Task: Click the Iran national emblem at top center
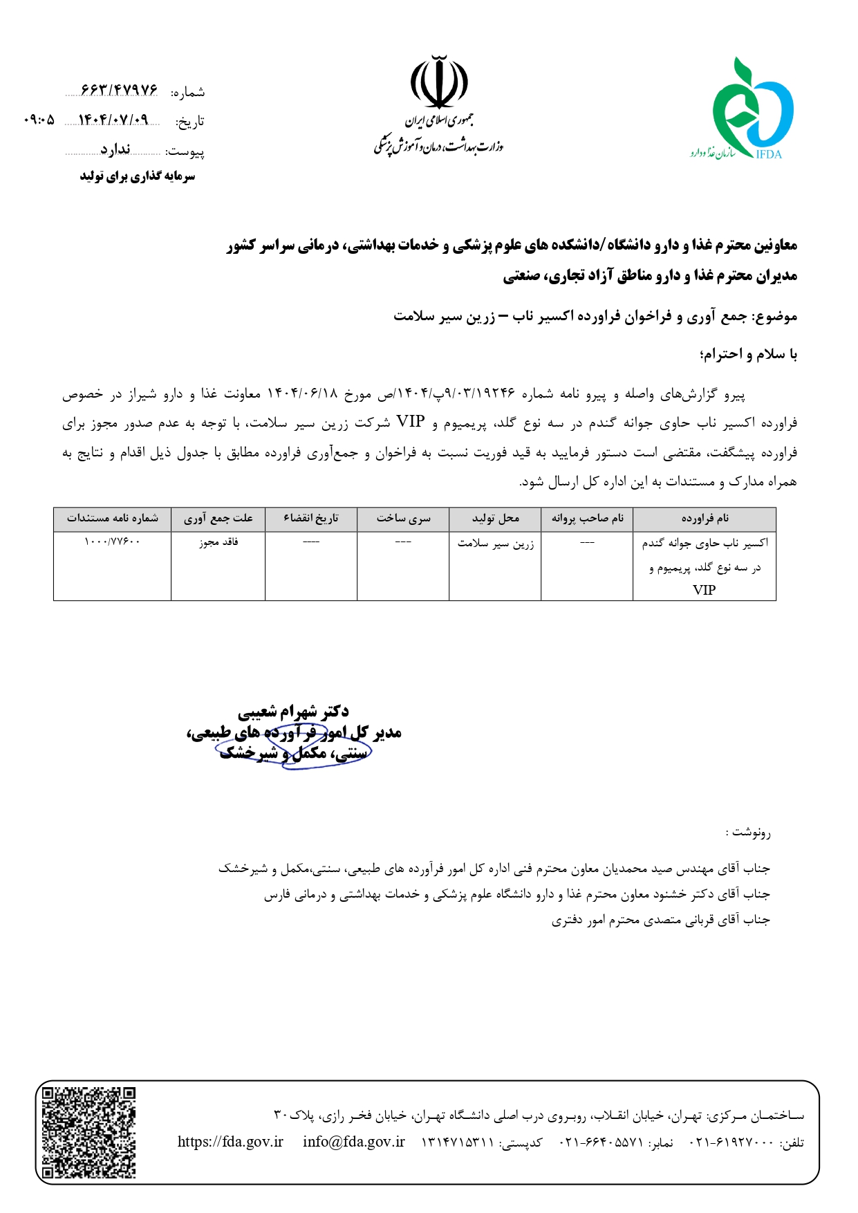[x=439, y=82]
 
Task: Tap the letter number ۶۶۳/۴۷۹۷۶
[x=119, y=91]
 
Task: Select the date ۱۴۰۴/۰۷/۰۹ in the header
[x=113, y=120]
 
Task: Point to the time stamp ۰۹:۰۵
[x=39, y=120]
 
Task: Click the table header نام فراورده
[x=705, y=519]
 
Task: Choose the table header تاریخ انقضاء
[x=311, y=519]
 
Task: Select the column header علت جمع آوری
[x=218, y=519]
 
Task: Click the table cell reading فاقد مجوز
[x=218, y=542]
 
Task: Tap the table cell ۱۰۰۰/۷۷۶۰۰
[x=112, y=542]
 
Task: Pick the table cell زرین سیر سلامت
[x=495, y=544]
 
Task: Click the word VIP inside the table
[x=704, y=590]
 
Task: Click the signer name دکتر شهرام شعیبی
[x=293, y=711]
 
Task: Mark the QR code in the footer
[x=88, y=1132]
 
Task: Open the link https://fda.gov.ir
[x=230, y=1142]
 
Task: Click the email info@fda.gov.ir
[x=353, y=1142]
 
